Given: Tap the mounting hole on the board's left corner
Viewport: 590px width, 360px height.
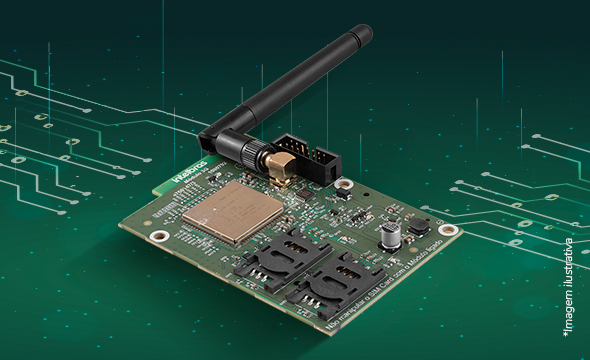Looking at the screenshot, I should (x=159, y=237).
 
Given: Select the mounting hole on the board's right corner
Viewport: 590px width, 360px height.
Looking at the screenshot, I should (x=446, y=230).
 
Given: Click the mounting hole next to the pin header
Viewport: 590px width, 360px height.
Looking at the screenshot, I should (x=344, y=184).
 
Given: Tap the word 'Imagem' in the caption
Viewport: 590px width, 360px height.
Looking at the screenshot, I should (x=571, y=309).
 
